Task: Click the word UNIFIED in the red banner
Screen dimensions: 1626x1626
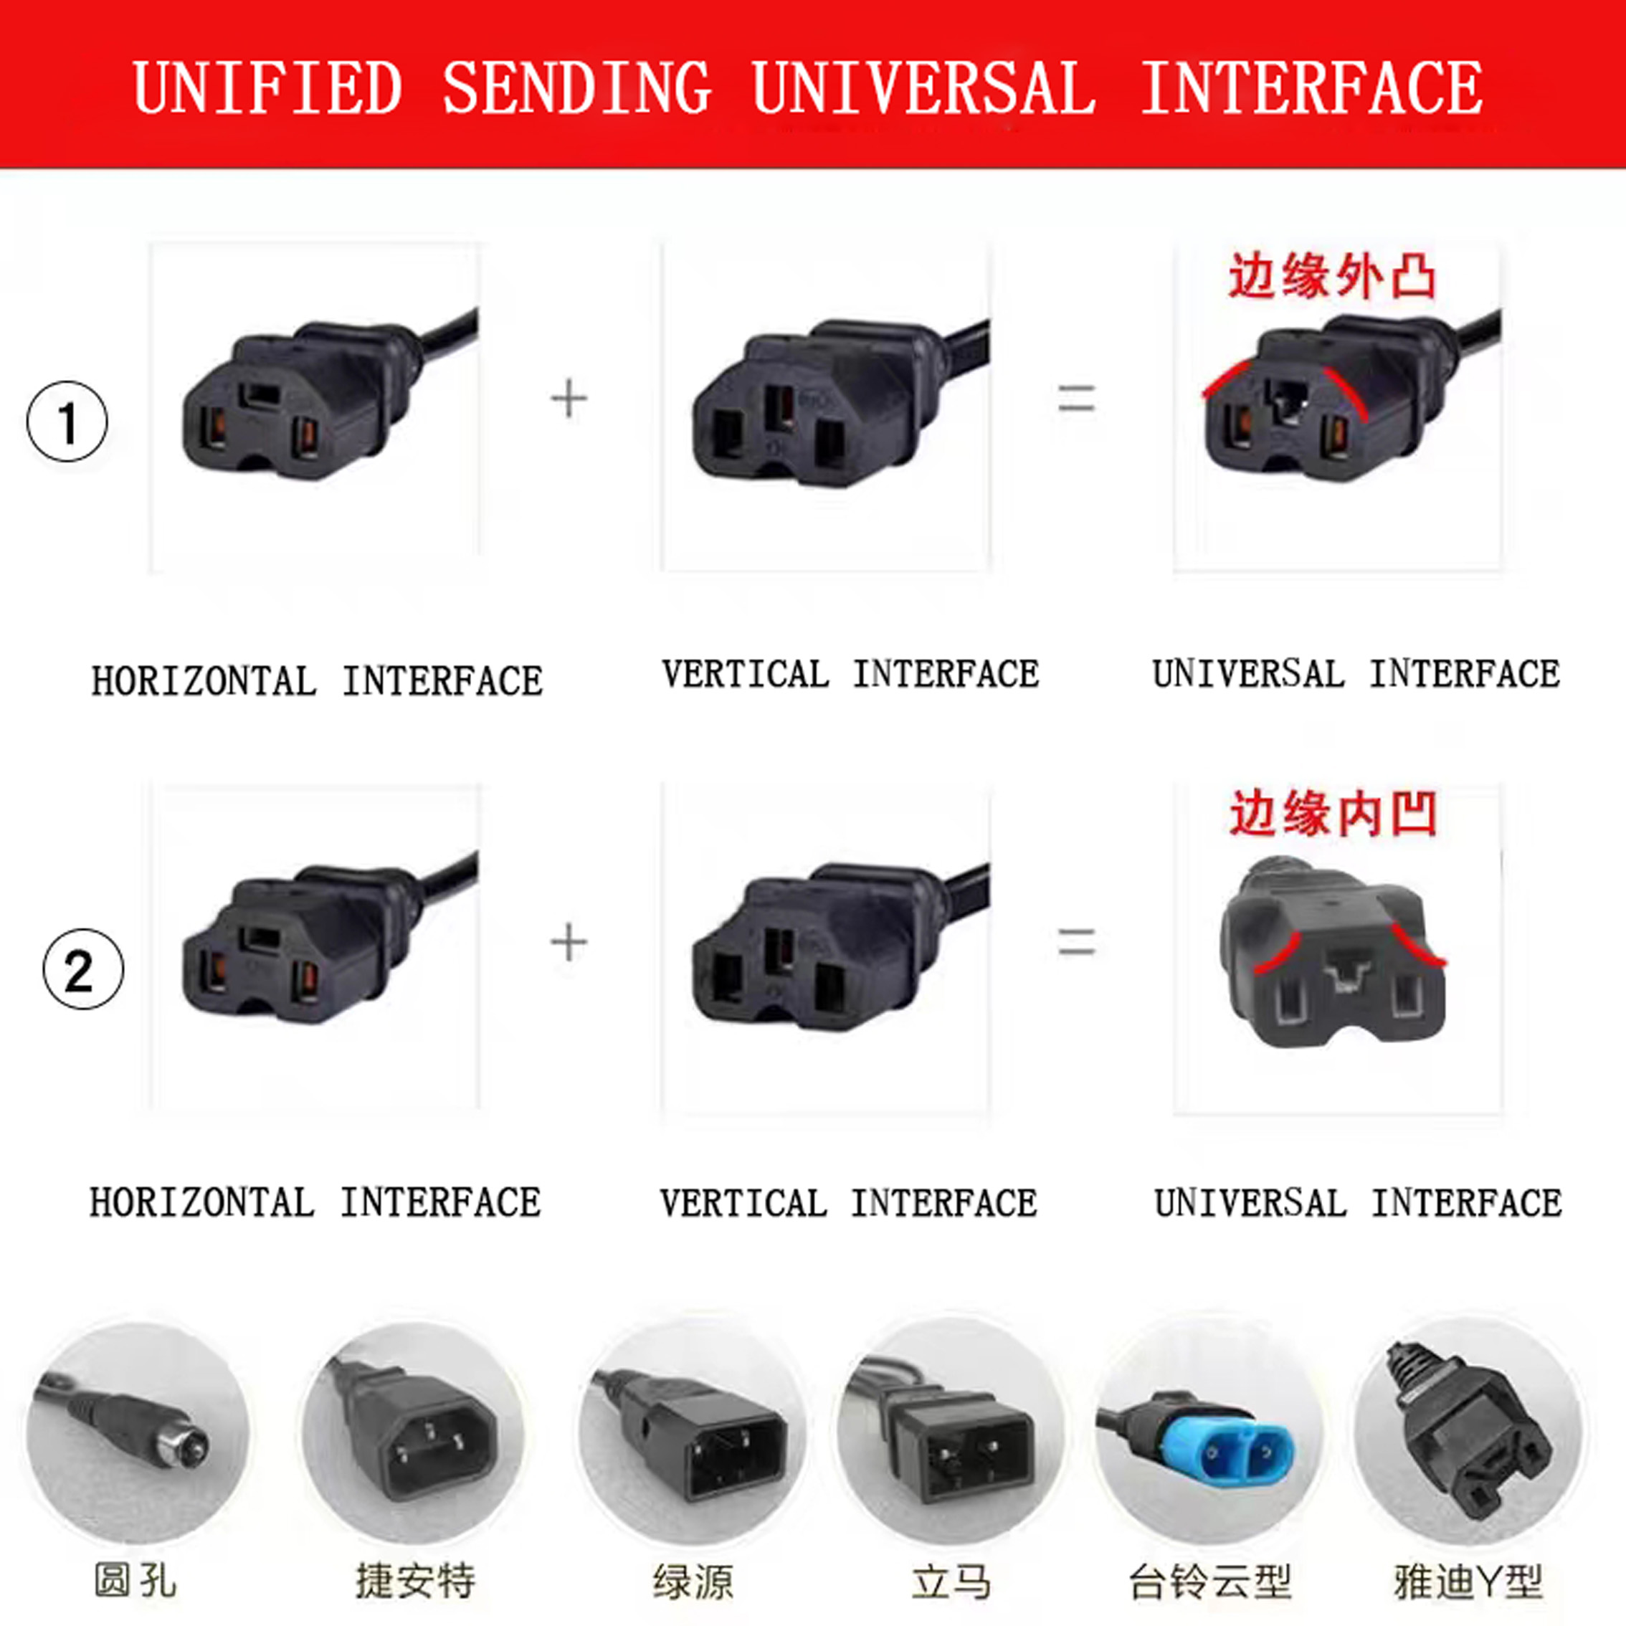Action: (x=267, y=88)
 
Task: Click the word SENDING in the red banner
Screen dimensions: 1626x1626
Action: (x=577, y=88)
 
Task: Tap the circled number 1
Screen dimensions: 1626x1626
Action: (x=67, y=422)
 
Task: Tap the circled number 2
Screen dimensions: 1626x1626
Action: (x=82, y=969)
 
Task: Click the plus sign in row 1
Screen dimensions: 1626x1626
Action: (x=569, y=399)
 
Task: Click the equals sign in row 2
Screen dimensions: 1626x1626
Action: (x=1076, y=942)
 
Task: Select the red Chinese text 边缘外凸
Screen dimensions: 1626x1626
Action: (x=1332, y=277)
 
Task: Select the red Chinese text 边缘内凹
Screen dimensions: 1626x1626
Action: (x=1333, y=814)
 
